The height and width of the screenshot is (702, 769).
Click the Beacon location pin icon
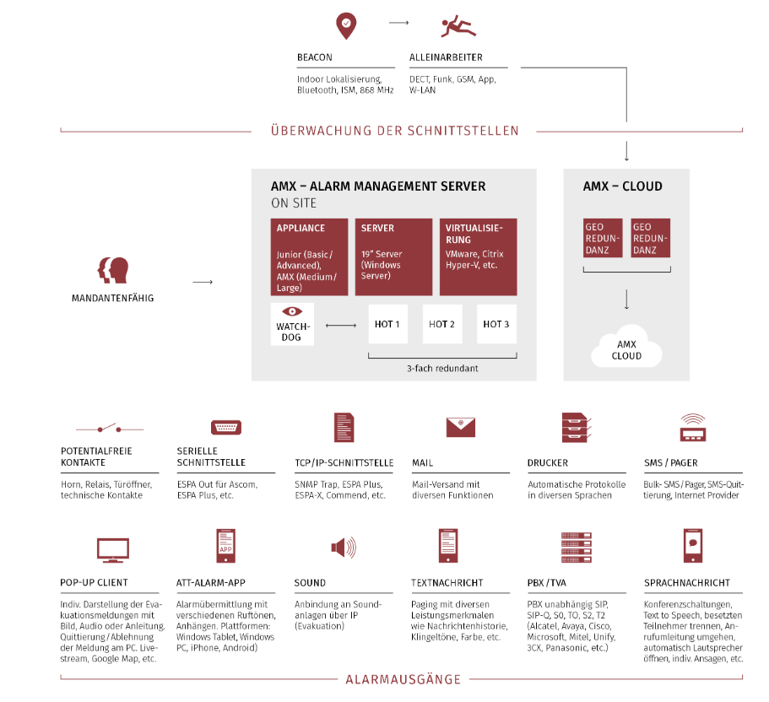pyautogui.click(x=346, y=26)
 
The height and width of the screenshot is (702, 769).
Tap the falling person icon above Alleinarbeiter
pyautogui.click(x=458, y=26)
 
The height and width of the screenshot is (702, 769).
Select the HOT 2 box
pyautogui.click(x=441, y=324)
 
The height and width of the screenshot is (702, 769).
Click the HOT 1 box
pyautogui.click(x=387, y=324)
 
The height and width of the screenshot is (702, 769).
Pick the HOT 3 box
pyautogui.click(x=496, y=324)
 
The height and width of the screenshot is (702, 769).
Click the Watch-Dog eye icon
pyautogui.click(x=292, y=311)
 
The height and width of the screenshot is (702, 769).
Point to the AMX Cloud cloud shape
pyautogui.click(x=626, y=346)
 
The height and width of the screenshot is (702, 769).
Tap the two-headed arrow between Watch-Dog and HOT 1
pyautogui.click(x=341, y=325)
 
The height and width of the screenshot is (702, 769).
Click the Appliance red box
pyautogui.click(x=309, y=256)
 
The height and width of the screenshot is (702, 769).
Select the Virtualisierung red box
pyautogui.click(x=478, y=256)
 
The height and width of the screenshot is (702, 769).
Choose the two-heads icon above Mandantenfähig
pyautogui.click(x=113, y=270)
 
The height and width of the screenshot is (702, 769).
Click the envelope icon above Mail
pyautogui.click(x=461, y=427)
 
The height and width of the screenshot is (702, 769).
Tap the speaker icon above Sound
pyautogui.click(x=344, y=547)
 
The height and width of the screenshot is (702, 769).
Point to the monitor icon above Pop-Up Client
pyautogui.click(x=113, y=550)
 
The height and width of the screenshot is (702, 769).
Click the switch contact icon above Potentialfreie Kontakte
pyautogui.click(x=110, y=428)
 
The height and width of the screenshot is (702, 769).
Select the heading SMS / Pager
pyautogui.click(x=670, y=462)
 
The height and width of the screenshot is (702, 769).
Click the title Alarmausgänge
pyautogui.click(x=403, y=679)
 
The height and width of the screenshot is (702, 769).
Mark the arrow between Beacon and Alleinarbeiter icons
pyautogui.click(x=398, y=23)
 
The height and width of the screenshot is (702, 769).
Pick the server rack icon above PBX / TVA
pyautogui.click(x=577, y=547)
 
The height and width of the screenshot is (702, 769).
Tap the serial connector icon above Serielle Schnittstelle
pyautogui.click(x=226, y=428)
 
